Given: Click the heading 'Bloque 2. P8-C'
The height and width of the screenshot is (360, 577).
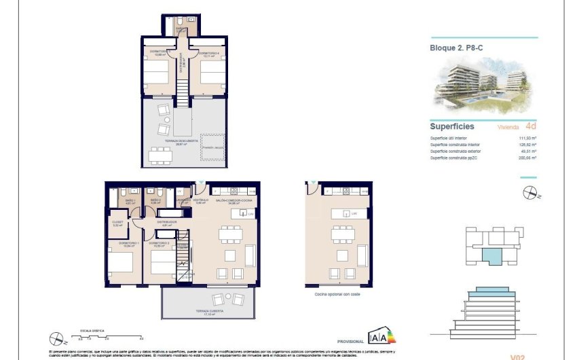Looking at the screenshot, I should [456, 48].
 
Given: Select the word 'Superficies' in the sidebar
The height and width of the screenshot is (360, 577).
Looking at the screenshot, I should [452, 126].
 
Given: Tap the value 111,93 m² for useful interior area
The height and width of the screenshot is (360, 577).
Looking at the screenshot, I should [527, 139].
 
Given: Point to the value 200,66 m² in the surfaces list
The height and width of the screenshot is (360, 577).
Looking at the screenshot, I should [527, 158].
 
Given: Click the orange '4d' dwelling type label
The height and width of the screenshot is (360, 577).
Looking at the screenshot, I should [531, 126].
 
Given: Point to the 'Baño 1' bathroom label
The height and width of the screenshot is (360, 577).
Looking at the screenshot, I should [130, 201].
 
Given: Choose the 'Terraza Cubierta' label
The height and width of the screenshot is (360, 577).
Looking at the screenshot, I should [210, 313].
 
